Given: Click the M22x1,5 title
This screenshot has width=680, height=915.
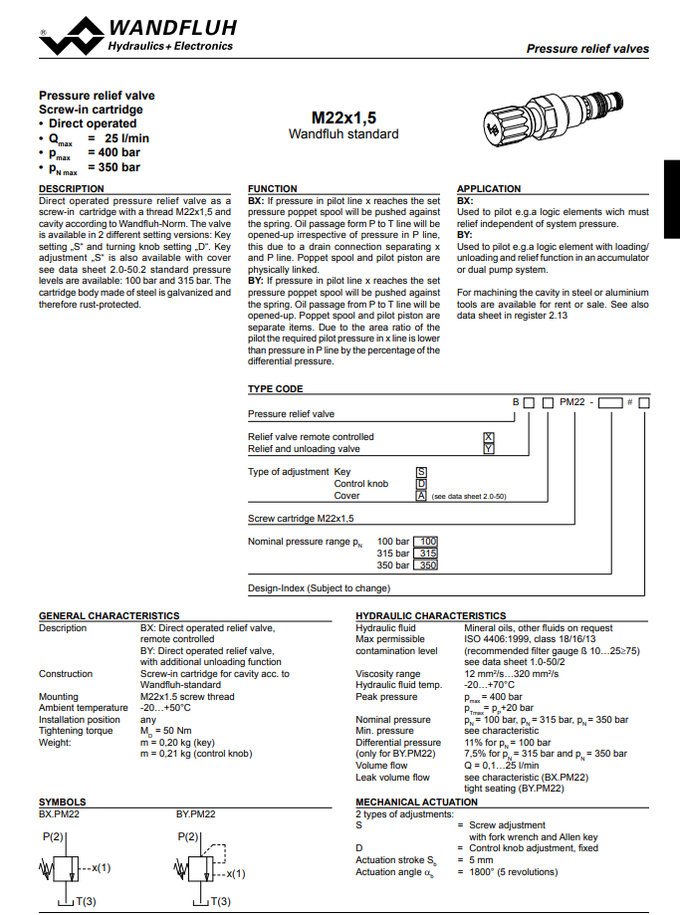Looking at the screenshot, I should point(343,117).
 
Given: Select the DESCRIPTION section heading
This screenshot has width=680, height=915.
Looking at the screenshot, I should point(71,188).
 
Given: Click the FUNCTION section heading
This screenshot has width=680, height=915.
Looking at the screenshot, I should point(272,188).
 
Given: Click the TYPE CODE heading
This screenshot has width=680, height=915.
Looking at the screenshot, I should point(275,388).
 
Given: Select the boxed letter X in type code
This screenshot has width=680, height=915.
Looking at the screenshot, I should point(488,437).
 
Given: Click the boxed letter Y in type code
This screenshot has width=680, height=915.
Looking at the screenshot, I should point(488,449).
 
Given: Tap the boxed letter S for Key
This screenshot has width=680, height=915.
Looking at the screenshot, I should point(421,471).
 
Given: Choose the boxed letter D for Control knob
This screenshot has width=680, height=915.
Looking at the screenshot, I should point(421,483).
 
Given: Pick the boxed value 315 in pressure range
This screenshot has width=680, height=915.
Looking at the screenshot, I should point(426,554).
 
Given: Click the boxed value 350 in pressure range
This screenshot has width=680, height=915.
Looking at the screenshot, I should point(426,566).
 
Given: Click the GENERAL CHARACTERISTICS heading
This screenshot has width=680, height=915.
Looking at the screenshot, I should point(109,615).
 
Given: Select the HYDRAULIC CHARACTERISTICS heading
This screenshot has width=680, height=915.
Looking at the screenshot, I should point(430,615).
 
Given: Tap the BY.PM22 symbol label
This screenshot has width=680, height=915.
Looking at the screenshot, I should point(195,813).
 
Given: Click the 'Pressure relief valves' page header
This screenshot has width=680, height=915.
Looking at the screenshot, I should point(587,48).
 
